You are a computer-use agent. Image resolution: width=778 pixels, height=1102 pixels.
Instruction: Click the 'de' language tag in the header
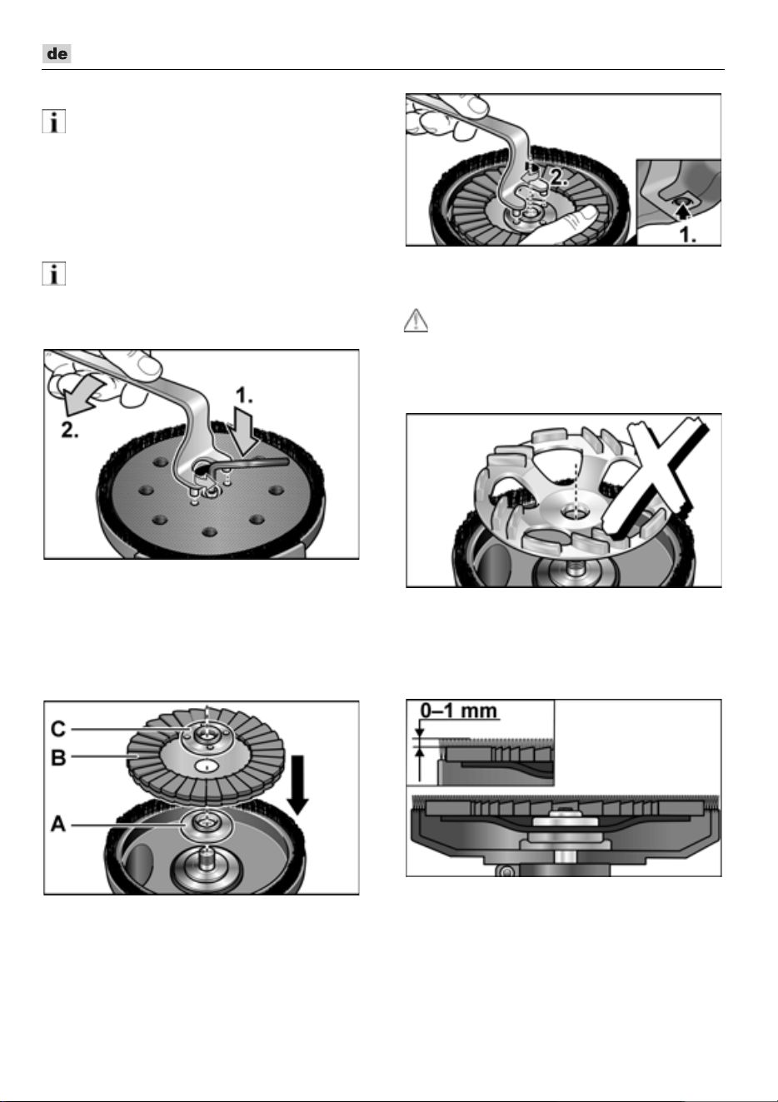57,53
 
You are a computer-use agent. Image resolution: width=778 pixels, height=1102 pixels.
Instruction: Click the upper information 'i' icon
53,122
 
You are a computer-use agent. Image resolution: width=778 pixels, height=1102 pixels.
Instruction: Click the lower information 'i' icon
53,274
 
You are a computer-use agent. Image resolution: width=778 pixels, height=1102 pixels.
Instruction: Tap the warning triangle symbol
416,321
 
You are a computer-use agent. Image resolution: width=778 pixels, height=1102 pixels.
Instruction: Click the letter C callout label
58,729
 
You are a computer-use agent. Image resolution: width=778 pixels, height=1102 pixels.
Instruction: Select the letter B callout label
58,758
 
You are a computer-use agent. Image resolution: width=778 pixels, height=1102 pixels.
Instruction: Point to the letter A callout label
58,824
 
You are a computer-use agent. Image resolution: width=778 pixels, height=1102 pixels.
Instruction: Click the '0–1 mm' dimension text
459,711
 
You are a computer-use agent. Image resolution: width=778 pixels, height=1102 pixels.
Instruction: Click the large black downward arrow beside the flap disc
297,785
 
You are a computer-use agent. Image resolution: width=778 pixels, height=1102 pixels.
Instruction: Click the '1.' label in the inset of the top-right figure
688,235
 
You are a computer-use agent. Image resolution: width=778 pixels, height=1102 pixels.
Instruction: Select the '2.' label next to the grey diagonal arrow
70,431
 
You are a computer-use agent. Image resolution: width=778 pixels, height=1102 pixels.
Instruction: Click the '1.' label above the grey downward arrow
244,395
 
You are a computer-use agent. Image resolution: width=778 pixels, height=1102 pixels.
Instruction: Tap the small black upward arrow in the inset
681,211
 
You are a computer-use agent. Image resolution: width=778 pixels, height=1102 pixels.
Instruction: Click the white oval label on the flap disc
207,766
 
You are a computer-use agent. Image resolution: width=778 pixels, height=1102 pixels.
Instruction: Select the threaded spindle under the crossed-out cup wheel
574,569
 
